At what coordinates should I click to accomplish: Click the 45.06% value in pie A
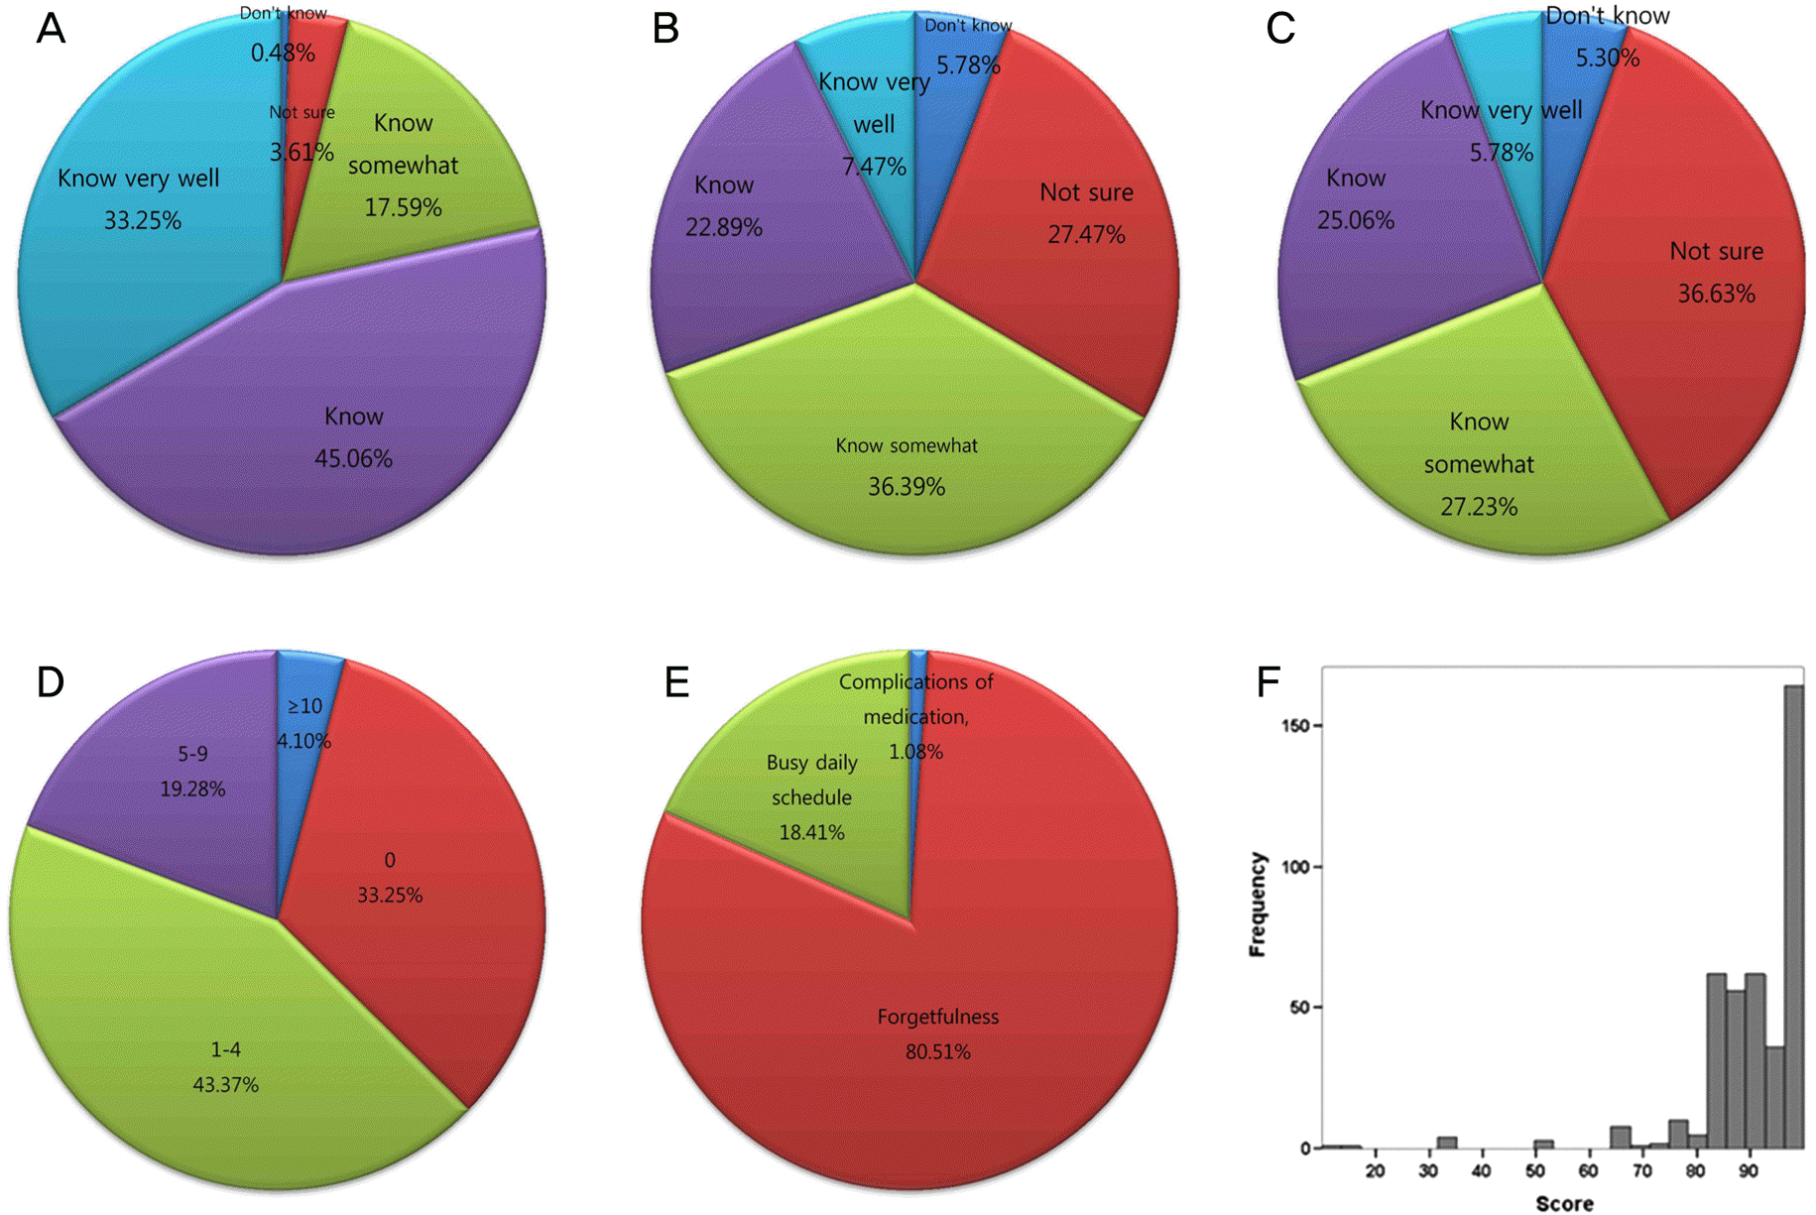tap(353, 458)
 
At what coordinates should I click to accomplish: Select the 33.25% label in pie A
tap(143, 220)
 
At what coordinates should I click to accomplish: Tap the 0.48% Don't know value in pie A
tap(283, 53)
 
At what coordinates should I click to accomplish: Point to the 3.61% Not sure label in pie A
tap(302, 152)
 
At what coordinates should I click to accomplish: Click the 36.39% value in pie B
tap(907, 487)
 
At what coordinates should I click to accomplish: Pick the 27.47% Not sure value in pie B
tap(1086, 235)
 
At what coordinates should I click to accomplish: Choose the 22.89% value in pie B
tap(724, 228)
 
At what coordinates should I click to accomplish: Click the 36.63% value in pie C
tap(1716, 294)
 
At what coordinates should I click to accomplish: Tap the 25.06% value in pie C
tap(1356, 220)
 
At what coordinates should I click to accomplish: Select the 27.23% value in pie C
tap(1479, 507)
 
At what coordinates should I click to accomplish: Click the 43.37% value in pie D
tap(225, 1085)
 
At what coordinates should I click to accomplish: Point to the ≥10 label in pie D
tap(304, 706)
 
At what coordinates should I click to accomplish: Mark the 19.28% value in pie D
tap(192, 790)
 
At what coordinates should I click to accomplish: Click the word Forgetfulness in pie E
tap(937, 1017)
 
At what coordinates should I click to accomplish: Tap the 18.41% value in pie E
tap(811, 832)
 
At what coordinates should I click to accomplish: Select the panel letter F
tap(1268, 682)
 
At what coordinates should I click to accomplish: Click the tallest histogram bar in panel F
tap(1793, 912)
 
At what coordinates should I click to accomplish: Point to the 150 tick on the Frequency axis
tap(1294, 725)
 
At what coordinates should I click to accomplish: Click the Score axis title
tap(1564, 1203)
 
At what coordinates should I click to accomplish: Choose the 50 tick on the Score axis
tap(1535, 1170)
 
